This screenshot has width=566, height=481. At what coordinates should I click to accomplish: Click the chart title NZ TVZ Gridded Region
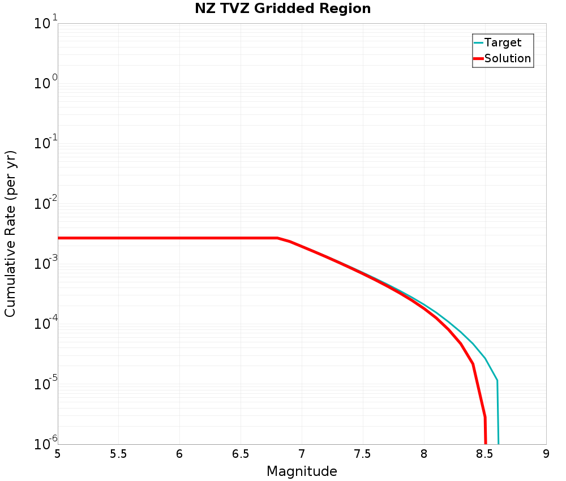coord(282,9)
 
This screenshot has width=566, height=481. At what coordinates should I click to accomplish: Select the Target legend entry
coord(503,42)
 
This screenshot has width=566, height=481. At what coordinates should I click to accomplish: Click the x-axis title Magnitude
coord(302,471)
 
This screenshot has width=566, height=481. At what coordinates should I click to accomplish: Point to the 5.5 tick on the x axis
coord(118,454)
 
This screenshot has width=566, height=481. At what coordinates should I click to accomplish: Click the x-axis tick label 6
coord(179,454)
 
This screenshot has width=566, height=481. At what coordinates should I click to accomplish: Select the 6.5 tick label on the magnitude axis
coord(241,454)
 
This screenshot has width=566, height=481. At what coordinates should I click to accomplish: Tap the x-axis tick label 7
coord(302,454)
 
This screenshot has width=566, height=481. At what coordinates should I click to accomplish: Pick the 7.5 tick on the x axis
coord(363,454)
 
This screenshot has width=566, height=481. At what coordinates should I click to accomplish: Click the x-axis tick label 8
coord(424,454)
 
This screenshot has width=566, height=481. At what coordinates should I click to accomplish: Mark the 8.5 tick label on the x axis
coord(485,454)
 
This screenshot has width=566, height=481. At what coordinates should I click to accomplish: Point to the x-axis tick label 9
coord(546,454)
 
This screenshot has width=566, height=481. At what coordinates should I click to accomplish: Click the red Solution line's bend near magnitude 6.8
coord(277,238)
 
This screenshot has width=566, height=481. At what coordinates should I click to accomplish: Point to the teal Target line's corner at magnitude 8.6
coord(497,380)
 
